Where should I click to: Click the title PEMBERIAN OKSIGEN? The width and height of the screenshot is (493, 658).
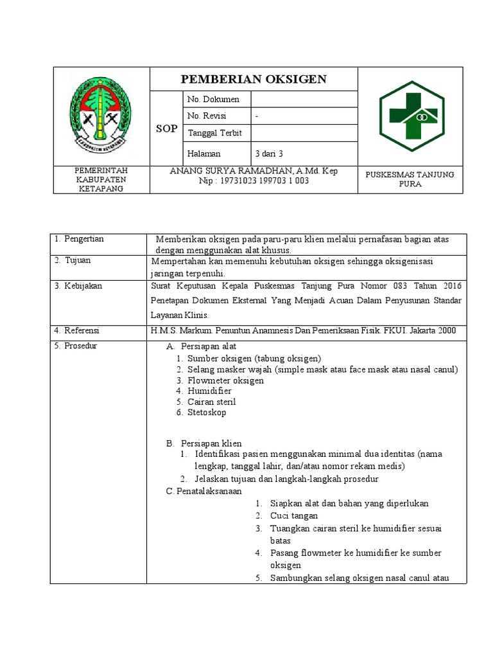coord(254,79)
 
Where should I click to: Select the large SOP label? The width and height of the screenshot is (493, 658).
coord(166,129)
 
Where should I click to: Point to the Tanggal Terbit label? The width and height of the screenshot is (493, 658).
coord(216,132)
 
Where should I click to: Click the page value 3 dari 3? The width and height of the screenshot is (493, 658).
coord(269,154)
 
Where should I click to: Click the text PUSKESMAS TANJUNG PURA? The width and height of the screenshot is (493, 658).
coord(409,179)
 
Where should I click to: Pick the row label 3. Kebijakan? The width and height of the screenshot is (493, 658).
coord(78,285)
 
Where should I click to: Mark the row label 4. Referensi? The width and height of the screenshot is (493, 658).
coord(78,330)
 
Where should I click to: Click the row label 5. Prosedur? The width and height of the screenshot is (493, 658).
coord(76,346)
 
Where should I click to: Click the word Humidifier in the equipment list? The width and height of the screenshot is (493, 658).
coord(209,391)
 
